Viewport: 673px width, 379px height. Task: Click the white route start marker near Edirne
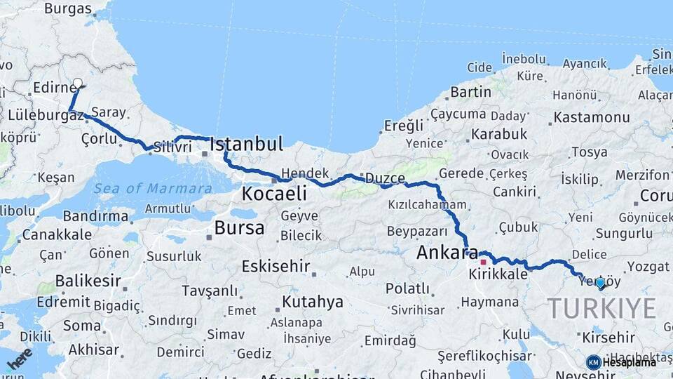coord(77,83)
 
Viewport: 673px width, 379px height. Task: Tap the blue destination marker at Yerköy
coord(600,283)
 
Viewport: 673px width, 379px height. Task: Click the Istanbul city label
coord(247,145)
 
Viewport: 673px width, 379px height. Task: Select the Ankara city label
coord(447,253)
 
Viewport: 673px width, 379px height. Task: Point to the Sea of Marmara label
coord(153,188)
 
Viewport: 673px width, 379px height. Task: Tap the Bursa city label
coord(239,227)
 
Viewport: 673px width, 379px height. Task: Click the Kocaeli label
coord(275,194)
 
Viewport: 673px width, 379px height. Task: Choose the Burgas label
coord(68,9)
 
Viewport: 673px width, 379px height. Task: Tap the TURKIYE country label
coord(601,308)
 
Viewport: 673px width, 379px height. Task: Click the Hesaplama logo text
coord(629,362)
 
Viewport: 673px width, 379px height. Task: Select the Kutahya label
coord(313,302)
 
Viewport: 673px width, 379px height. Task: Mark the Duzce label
coord(383,178)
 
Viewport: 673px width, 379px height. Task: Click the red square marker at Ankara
coord(483,262)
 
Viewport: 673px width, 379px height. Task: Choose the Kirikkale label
coord(498,274)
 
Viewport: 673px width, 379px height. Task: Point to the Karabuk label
coord(499,133)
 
